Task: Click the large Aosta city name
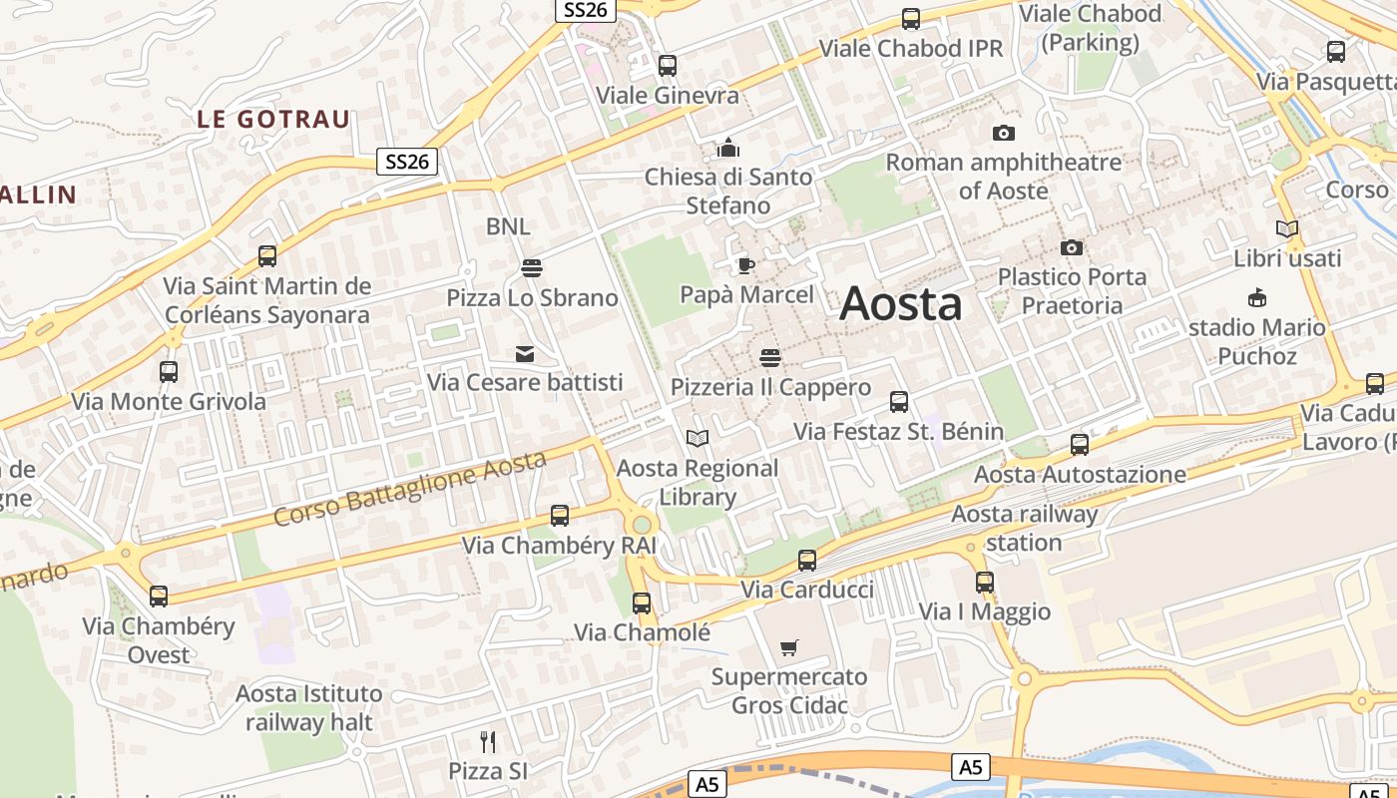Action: [901, 303]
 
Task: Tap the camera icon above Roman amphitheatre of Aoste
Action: [1003, 133]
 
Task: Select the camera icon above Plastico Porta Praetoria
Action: [1071, 247]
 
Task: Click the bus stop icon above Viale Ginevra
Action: [668, 66]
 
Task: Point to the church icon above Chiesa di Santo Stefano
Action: [727, 148]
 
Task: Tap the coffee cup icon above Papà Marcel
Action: [745, 265]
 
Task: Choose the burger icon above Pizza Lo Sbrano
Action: [531, 267]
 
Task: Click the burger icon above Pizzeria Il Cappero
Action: [769, 357]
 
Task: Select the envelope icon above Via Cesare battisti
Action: [524, 353]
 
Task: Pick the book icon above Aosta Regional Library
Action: [698, 438]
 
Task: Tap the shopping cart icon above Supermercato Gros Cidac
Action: [789, 647]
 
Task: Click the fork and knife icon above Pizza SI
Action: [487, 741]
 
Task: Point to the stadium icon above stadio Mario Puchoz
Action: [1256, 297]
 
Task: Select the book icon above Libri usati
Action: [1286, 229]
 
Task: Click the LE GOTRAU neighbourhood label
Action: [273, 120]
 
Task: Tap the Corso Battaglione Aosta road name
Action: [410, 489]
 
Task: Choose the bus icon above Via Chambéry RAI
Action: [560, 516]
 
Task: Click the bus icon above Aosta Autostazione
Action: [1079, 445]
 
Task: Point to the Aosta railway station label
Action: [1024, 529]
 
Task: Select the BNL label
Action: [508, 226]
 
